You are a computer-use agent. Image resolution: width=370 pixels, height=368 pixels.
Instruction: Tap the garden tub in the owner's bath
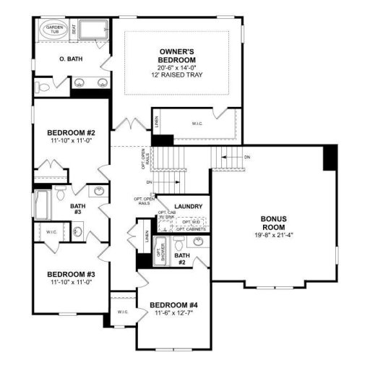[x=55, y=31]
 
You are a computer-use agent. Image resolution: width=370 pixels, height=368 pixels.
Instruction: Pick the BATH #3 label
[x=77, y=209]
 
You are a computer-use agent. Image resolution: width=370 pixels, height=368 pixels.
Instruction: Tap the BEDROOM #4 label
[x=173, y=314]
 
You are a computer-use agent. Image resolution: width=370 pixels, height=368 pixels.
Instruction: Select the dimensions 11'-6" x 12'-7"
[x=173, y=322]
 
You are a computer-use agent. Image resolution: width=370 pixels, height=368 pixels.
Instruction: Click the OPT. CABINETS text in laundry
[x=191, y=229]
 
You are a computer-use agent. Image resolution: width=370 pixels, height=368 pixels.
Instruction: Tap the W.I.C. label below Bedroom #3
[x=121, y=312]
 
